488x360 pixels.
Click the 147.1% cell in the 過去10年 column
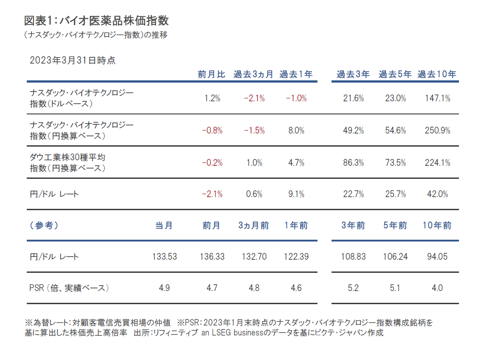(438, 98)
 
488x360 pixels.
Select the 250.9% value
(438, 130)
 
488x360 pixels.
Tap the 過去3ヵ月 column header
(254, 74)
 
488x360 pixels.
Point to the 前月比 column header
(211, 74)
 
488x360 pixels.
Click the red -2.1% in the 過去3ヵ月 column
(254, 98)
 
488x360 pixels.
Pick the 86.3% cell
(353, 163)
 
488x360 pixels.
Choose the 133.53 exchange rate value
(164, 256)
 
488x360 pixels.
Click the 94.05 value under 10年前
(437, 256)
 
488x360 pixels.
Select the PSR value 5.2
(353, 288)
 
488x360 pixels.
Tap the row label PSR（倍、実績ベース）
(69, 288)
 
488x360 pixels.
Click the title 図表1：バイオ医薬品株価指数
(96, 21)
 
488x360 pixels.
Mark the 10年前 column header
(437, 226)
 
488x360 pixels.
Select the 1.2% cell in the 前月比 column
(212, 98)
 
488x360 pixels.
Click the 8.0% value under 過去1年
(296, 130)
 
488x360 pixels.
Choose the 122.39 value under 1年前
(296, 256)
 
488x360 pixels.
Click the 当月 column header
(164, 226)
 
